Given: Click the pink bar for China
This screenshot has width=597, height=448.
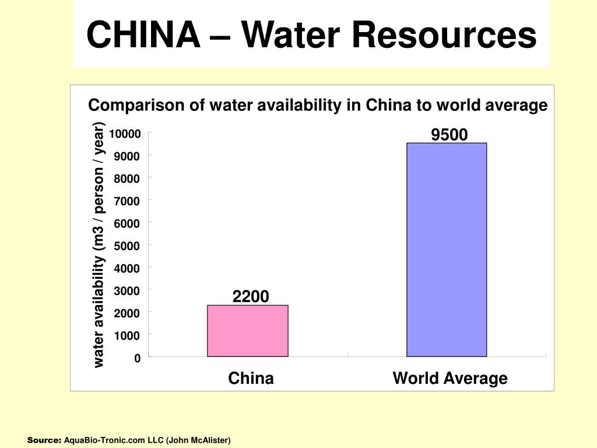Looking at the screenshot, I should (247, 331).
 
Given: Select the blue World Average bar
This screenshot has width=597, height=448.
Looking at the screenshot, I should (447, 250).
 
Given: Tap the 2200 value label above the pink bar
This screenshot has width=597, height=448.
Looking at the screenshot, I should (251, 297).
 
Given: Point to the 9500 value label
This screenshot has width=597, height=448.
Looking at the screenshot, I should (449, 135).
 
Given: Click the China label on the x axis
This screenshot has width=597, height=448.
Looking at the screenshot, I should (251, 379).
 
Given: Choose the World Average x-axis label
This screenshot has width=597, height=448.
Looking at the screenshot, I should (450, 379).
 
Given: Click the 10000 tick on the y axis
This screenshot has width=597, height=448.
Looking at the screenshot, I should (124, 134).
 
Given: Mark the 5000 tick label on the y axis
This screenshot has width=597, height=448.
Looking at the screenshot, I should (127, 246).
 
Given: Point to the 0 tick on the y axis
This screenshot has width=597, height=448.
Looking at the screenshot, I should (137, 358).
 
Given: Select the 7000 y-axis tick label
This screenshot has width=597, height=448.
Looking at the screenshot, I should (127, 201).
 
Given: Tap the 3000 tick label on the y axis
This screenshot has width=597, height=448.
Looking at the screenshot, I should (127, 291).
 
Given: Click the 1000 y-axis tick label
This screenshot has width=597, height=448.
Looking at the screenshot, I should (127, 336).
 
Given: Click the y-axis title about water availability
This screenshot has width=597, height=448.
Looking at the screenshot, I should (99, 245).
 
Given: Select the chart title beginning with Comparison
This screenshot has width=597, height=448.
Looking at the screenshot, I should (318, 106).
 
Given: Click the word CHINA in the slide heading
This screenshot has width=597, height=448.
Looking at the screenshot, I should (142, 35).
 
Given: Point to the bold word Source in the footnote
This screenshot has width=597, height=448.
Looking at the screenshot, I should (44, 440).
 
